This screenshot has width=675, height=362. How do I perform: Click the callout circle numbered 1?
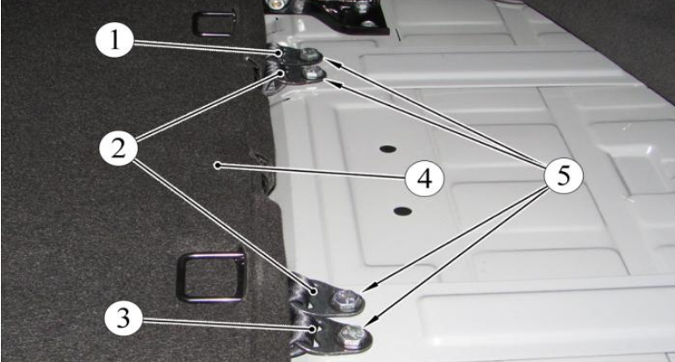114,41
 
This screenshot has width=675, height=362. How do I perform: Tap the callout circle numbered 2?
118,148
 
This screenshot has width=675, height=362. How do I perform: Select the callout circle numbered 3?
124,319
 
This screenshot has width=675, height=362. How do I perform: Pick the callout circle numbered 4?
424,178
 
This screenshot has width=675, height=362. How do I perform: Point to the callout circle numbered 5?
564,176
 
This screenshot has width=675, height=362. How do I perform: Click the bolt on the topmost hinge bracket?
309,54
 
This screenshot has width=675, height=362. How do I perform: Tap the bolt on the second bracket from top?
309,74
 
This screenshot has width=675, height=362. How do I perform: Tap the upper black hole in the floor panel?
387,149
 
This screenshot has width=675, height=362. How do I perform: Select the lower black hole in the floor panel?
402,211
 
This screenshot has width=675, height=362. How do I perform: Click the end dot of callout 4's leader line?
218,165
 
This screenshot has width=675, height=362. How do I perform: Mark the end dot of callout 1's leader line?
279,53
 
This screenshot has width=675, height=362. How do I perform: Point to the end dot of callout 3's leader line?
314,329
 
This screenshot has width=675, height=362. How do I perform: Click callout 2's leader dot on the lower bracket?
315,291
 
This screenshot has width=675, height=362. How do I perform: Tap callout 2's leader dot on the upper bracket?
281,74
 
